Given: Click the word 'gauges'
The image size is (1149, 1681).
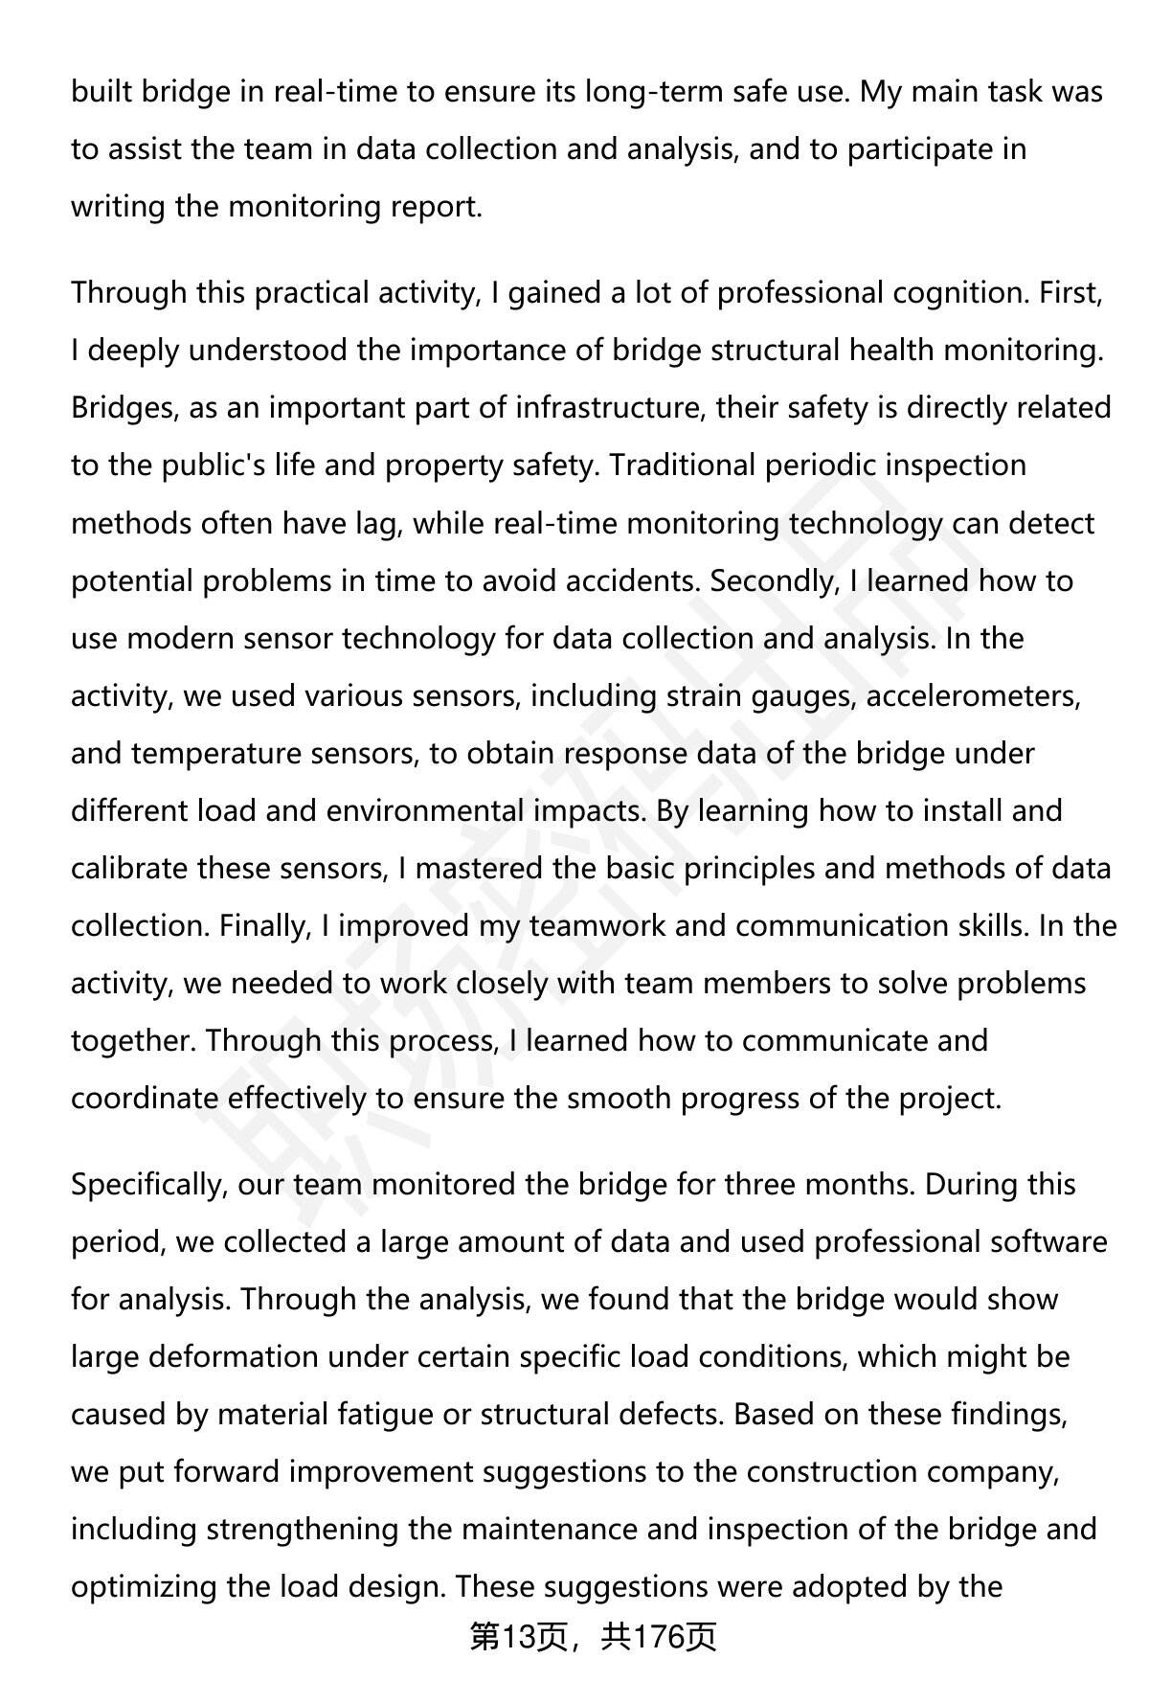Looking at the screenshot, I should (x=801, y=696).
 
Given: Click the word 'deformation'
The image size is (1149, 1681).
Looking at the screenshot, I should (x=233, y=1357).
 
